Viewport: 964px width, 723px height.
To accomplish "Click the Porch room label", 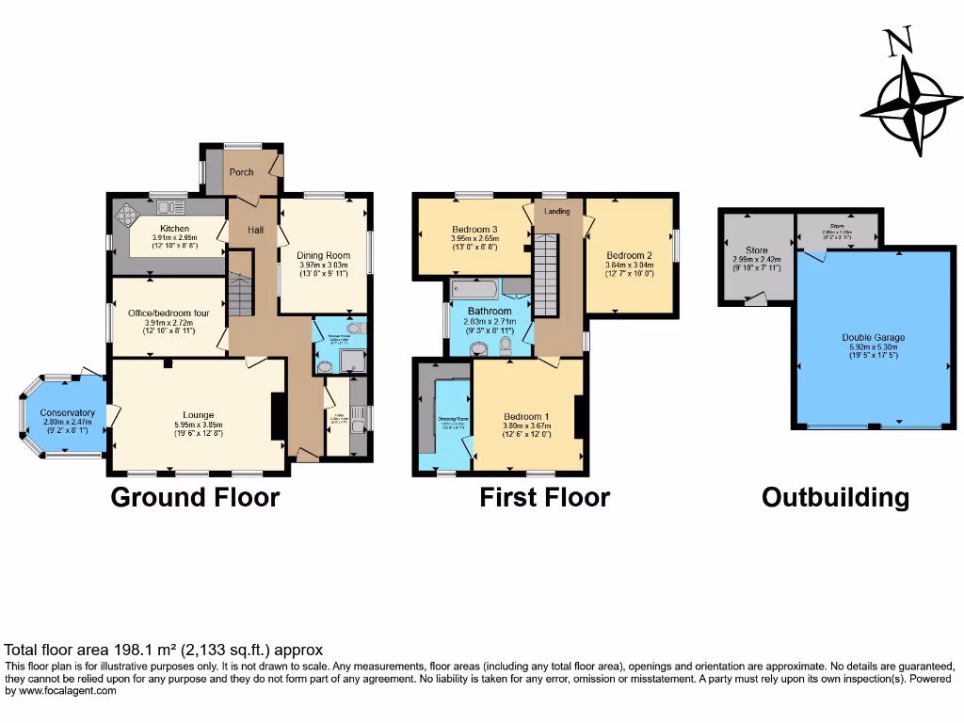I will (x=241, y=172).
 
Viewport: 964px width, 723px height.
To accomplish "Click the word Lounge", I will (x=199, y=415).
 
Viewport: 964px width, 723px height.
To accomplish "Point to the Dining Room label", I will (x=324, y=255).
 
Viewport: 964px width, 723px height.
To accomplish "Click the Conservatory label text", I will (x=68, y=412).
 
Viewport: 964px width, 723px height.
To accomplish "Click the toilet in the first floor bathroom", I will (x=507, y=349).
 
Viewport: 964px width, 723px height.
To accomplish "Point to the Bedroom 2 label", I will (x=629, y=255).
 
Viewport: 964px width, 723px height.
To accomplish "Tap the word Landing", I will (x=557, y=211).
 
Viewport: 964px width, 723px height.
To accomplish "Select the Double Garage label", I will (x=870, y=336).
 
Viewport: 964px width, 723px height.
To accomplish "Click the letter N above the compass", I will (x=900, y=42).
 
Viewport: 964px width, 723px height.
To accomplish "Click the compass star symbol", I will (x=910, y=105).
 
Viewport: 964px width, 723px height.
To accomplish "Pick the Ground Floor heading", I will (x=195, y=497).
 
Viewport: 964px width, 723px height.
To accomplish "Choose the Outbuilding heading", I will (x=835, y=497).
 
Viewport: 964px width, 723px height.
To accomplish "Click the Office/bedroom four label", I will (x=167, y=313).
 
